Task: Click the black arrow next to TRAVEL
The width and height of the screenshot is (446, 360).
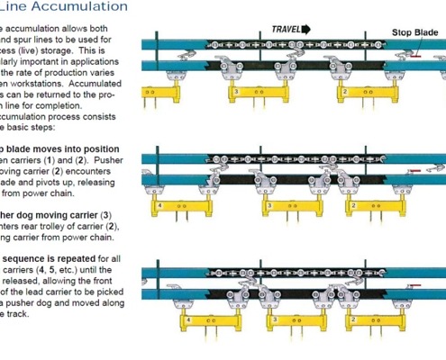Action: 306,29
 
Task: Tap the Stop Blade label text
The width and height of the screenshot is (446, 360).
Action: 415,33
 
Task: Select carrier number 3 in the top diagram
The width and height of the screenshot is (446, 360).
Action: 236,92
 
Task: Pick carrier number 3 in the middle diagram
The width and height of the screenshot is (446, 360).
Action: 269,205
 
